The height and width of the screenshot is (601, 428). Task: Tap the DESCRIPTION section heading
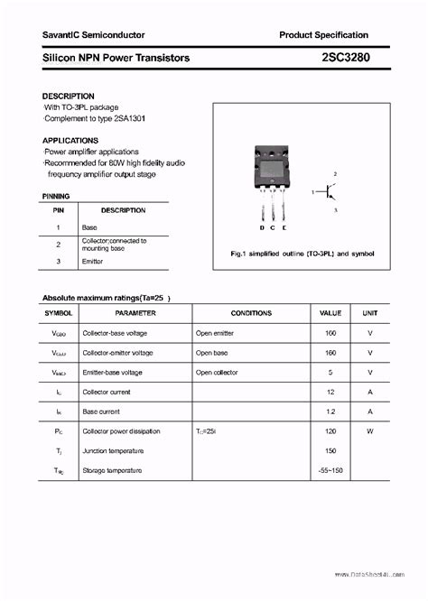[x=68, y=96]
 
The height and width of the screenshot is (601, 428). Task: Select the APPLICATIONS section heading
[x=70, y=141]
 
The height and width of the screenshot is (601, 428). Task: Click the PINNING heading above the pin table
[x=56, y=196]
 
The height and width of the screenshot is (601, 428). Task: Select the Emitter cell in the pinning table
[x=92, y=262]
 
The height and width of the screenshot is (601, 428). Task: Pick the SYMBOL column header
[x=58, y=313]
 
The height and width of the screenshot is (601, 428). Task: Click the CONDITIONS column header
[x=251, y=313]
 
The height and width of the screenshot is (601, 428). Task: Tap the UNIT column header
[x=369, y=313]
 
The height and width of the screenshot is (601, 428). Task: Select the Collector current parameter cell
[x=107, y=392]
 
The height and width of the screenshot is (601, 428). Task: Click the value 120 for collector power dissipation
[x=330, y=431]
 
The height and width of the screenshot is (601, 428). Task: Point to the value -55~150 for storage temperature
[x=330, y=471]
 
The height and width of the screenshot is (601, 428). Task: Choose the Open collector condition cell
[x=218, y=372]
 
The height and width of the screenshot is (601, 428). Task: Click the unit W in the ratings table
[x=369, y=431]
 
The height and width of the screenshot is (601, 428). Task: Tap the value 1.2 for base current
[x=330, y=411]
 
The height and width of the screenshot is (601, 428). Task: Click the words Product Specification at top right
[x=323, y=34]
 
